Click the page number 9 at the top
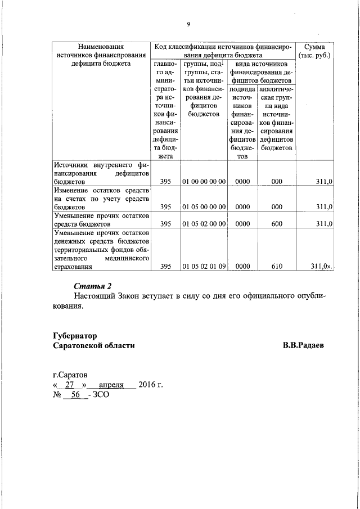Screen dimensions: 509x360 [188, 24]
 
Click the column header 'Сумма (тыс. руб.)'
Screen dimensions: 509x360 [315, 51]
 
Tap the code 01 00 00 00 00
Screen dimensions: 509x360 [204, 182]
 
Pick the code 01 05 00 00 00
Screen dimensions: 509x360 [204, 207]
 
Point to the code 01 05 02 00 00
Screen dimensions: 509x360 [204, 224]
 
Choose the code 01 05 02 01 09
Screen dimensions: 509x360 [204, 267]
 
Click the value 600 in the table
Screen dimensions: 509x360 [276, 224]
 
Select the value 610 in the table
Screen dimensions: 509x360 [276, 267]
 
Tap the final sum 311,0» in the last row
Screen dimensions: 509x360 [322, 267]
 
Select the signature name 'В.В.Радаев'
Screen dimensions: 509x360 [303, 345]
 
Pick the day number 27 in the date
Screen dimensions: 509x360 [70, 385]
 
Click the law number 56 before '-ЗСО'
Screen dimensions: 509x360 [75, 395]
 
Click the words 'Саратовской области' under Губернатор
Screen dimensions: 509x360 [93, 345]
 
